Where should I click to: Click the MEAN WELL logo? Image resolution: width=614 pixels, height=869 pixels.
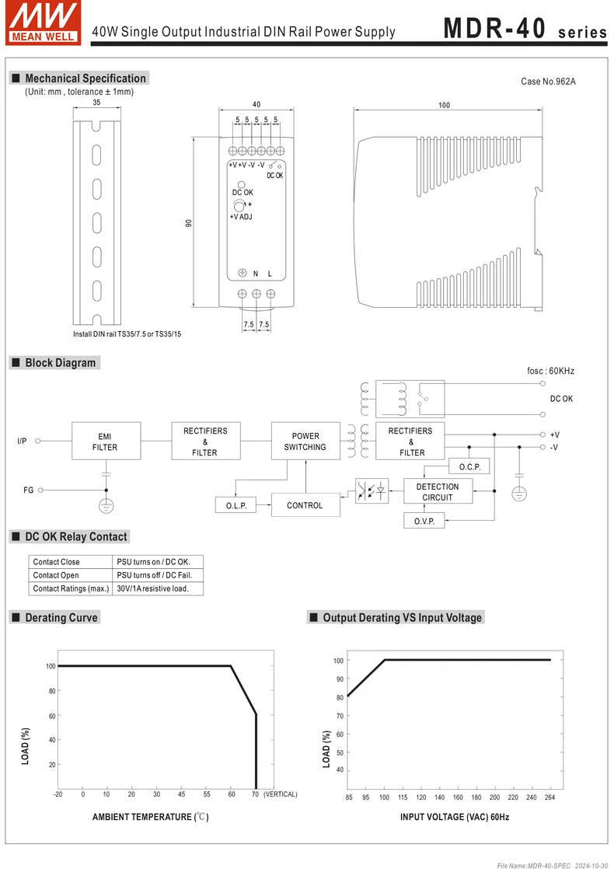pos(44,23)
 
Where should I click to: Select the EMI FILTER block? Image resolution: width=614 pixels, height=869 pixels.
pos(106,441)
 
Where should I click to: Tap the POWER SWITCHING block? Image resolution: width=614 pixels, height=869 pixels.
pos(305,441)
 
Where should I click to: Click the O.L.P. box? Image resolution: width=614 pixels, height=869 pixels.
pos(236,505)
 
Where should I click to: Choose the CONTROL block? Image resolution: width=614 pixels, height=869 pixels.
pos(305,505)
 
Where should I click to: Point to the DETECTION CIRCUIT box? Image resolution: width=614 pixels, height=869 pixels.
pos(438,491)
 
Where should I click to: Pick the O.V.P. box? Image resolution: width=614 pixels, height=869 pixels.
pos(424,521)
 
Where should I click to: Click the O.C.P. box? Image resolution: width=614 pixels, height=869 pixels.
pos(470,466)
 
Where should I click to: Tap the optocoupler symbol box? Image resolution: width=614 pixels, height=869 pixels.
pos(372,491)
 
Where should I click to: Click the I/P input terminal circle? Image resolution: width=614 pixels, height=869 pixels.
pos(38,441)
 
